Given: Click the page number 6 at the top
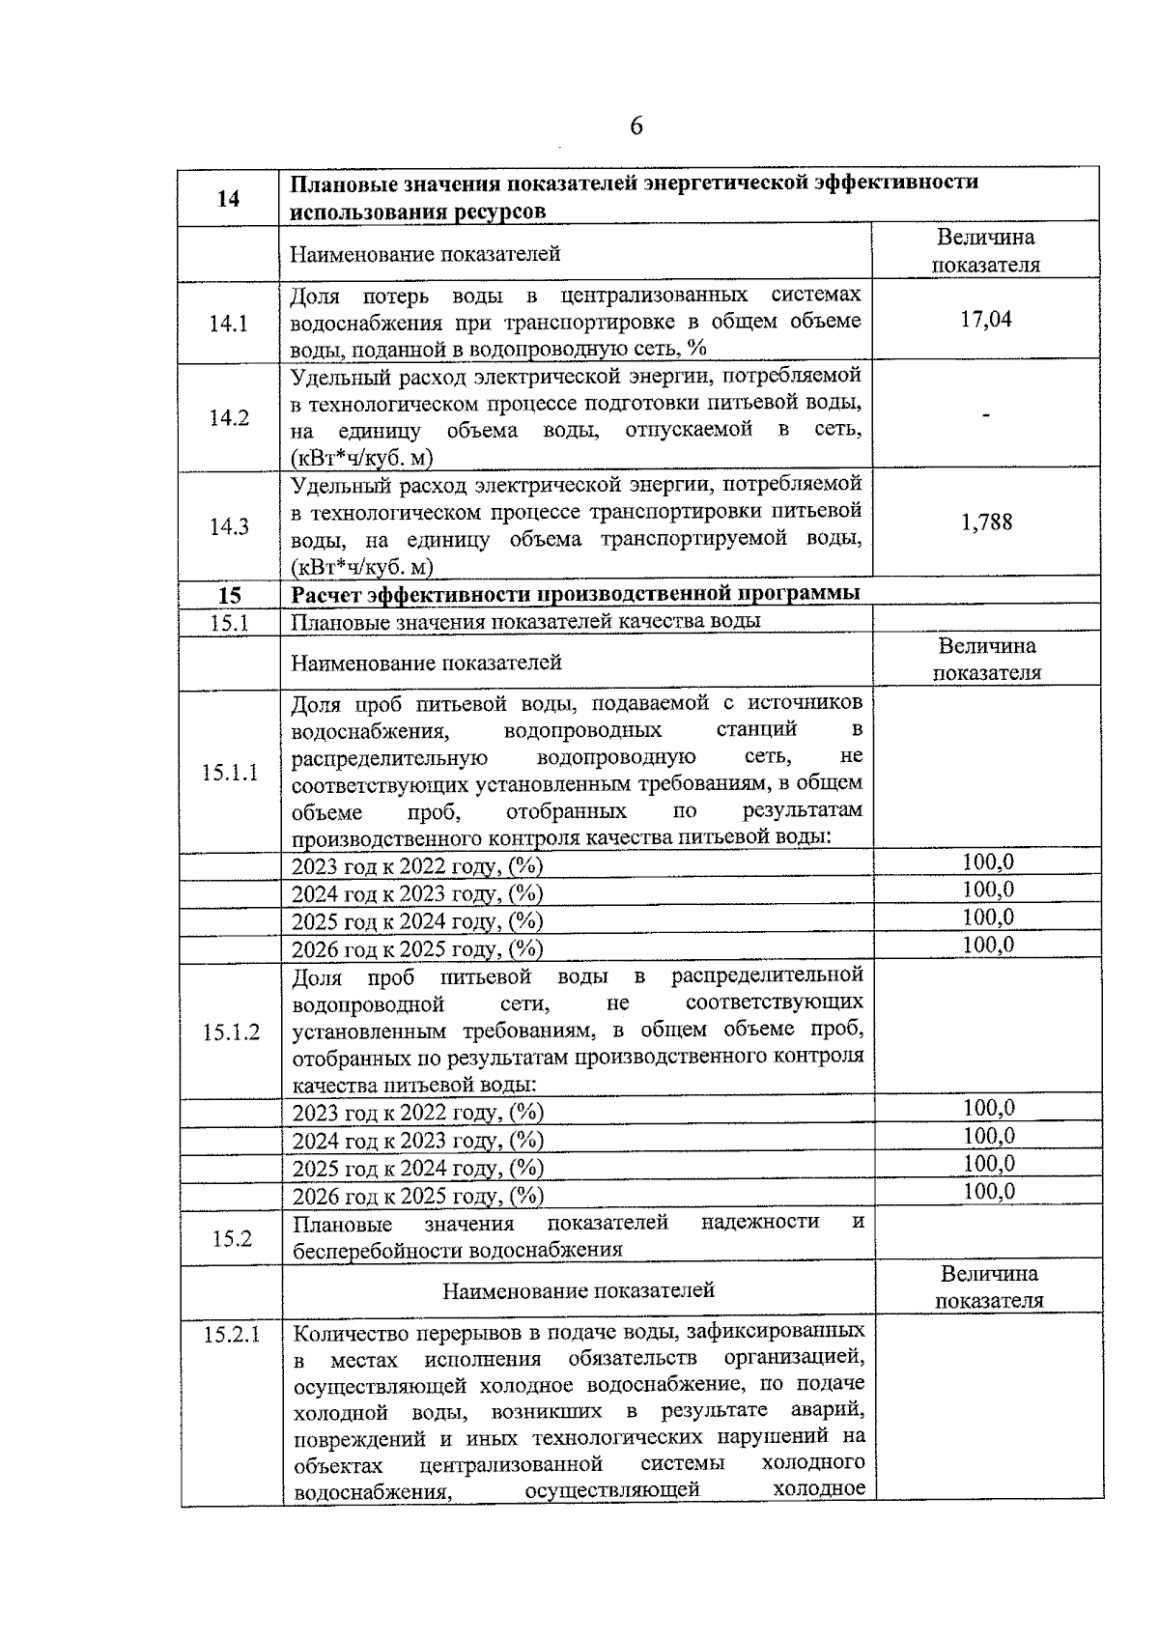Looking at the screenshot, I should tap(636, 127).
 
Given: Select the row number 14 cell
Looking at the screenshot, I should tap(229, 198).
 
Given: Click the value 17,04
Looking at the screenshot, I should tap(985, 320).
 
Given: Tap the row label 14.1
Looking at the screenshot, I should tap(229, 324).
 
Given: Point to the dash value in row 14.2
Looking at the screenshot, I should tap(985, 415).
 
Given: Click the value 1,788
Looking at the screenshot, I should tap(986, 523).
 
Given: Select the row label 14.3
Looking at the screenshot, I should tap(229, 526).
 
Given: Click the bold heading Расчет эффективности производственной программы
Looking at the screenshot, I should tap(576, 593).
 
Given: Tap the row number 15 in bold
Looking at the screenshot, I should tap(229, 595).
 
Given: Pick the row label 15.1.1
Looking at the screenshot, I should tap(230, 773).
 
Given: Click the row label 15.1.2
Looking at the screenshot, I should tap(231, 1032).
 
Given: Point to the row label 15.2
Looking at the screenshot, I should tap(232, 1237).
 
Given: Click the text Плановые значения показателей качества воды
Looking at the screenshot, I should tap(525, 621).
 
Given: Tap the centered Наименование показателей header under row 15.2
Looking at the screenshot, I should tap(579, 1290).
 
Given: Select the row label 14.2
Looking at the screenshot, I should tap(229, 417).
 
